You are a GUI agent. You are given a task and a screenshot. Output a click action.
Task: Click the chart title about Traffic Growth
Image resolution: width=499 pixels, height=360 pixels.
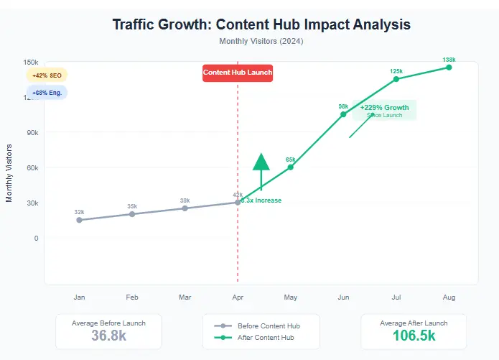click(261, 24)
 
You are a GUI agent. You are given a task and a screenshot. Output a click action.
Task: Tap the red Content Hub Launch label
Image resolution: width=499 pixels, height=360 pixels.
click(238, 73)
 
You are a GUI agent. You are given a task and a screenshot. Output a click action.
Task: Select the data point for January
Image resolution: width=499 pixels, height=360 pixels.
click(79, 220)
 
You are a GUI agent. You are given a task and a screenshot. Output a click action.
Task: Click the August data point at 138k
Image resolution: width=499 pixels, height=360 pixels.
click(449, 68)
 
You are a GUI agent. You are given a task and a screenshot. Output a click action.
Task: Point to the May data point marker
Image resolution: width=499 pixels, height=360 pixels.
click(291, 167)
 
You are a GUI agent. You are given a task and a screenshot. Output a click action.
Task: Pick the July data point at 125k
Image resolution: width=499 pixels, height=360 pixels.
click(396, 78)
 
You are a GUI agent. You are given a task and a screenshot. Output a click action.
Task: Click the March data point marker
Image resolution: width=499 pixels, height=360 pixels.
click(185, 208)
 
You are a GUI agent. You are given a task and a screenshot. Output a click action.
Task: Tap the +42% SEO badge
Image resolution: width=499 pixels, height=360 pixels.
click(46, 75)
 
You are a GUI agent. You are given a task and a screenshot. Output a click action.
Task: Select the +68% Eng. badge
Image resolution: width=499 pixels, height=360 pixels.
click(46, 93)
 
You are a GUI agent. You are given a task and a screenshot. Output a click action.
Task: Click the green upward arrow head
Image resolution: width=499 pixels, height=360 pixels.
click(261, 162)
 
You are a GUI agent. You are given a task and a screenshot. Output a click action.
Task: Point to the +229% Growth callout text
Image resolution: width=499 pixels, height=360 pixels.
click(384, 108)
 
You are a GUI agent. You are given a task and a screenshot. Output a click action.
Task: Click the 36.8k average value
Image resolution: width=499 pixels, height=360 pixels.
click(108, 336)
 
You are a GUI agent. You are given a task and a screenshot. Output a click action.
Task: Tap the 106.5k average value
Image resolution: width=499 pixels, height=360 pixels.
click(414, 336)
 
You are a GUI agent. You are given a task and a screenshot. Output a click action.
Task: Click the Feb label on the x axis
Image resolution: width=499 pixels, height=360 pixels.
click(132, 297)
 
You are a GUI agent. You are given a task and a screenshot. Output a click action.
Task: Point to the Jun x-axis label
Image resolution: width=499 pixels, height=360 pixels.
click(343, 297)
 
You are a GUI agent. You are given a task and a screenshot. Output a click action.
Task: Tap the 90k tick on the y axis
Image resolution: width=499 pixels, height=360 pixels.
click(32, 132)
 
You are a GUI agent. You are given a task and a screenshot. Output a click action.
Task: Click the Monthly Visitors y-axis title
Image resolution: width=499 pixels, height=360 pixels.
click(9, 172)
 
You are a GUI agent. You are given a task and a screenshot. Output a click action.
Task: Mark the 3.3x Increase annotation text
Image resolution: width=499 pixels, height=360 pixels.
click(261, 200)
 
